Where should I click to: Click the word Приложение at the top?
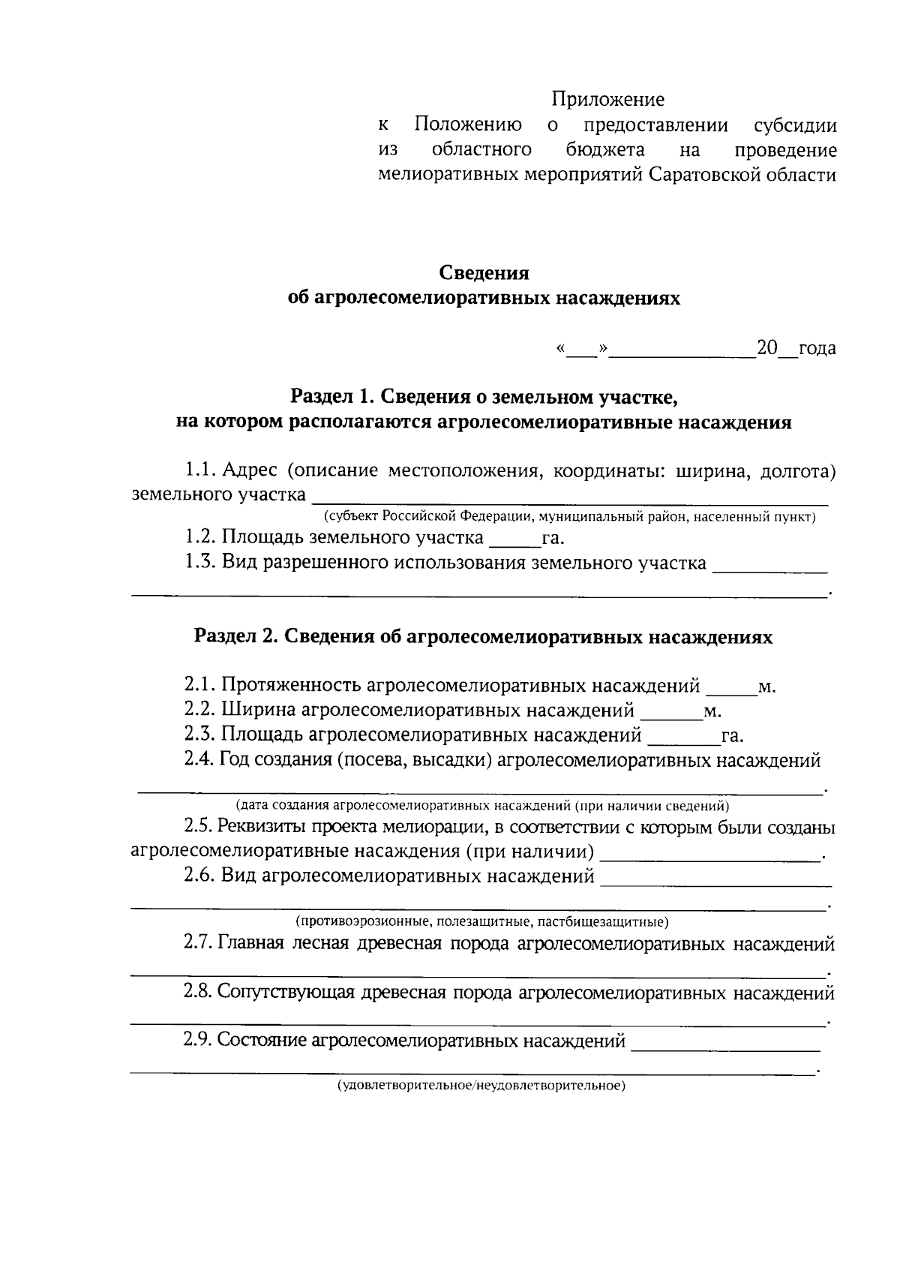[x=607, y=99]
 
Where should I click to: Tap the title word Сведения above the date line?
[x=484, y=273]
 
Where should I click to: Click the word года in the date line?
[x=817, y=348]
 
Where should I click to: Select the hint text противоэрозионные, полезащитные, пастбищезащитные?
[x=481, y=921]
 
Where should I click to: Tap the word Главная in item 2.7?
[x=250, y=944]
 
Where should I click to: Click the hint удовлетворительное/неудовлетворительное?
[x=480, y=1086]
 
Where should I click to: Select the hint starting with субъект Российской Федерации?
[x=569, y=517]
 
